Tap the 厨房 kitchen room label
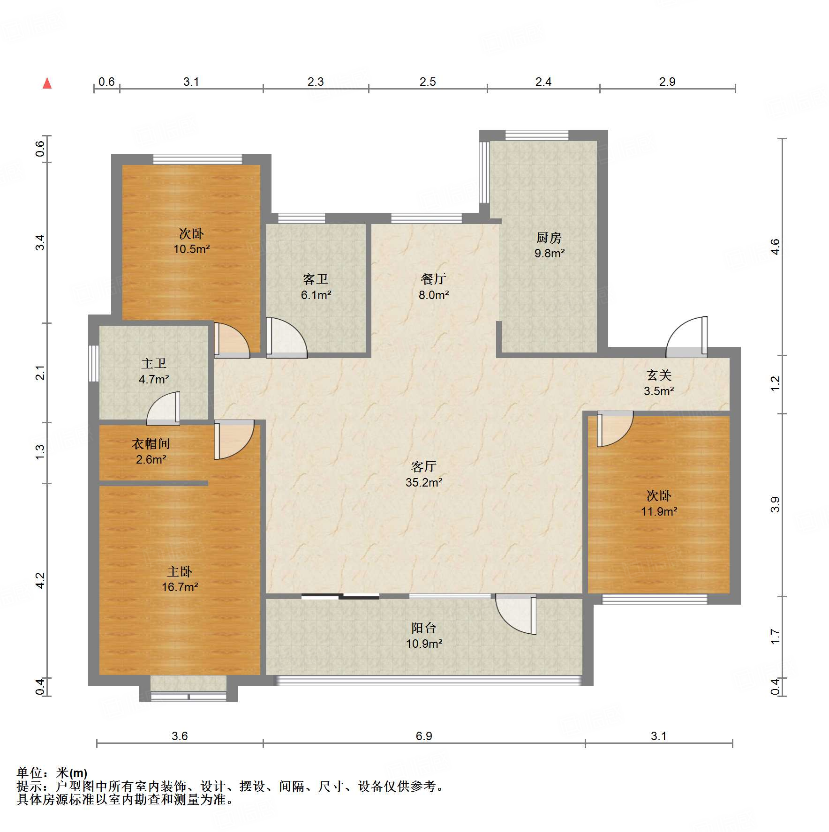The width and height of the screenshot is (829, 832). [549, 238]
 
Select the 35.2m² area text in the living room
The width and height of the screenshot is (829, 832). [424, 482]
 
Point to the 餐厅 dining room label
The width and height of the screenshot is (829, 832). [433, 279]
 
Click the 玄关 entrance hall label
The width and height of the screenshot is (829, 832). [659, 375]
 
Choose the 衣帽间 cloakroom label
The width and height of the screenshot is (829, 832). [151, 443]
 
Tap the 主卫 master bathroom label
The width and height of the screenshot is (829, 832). [154, 364]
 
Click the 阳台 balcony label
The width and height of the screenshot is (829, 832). [424, 628]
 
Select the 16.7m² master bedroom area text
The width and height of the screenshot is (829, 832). [180, 587]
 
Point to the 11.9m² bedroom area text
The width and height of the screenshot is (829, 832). [659, 511]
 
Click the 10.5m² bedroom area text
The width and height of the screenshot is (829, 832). [191, 249]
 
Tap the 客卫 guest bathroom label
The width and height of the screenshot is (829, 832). [316, 279]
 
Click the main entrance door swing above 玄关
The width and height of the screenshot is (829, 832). [686, 337]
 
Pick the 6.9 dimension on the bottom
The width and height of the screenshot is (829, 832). [424, 736]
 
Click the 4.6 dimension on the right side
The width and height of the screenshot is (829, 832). [775, 247]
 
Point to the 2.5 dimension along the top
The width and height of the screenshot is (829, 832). [428, 82]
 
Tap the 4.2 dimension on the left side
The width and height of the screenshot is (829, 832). [40, 580]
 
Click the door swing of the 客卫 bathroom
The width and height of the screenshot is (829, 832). [286, 337]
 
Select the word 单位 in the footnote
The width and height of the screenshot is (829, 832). [30, 773]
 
